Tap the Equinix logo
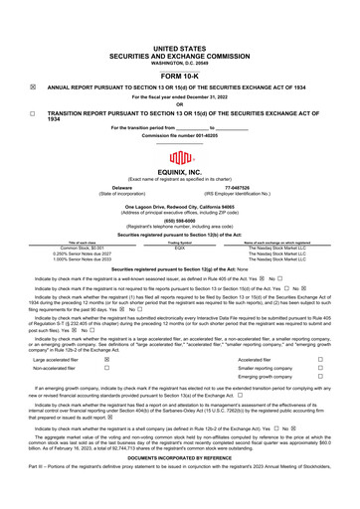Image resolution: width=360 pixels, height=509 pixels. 180,157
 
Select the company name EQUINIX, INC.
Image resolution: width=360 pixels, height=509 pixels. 180,171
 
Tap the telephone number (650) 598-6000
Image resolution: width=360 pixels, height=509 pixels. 180,221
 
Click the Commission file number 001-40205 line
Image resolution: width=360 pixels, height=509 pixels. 180,133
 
